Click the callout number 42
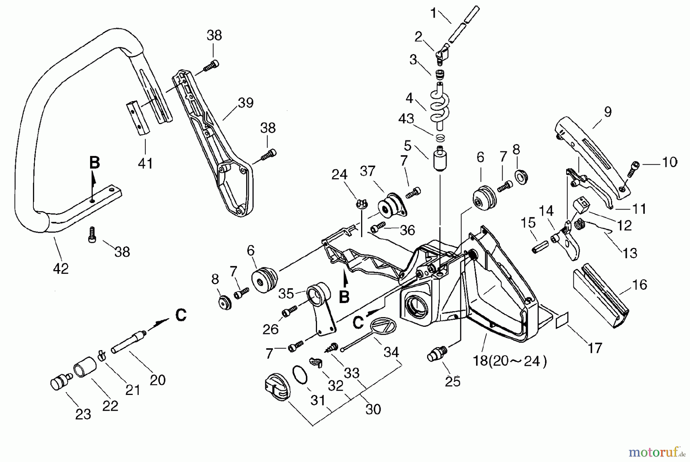click(61, 269)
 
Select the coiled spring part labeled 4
click(440, 105)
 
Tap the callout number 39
click(245, 103)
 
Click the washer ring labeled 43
click(440, 137)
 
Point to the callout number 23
click(83, 414)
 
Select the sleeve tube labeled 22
click(85, 367)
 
